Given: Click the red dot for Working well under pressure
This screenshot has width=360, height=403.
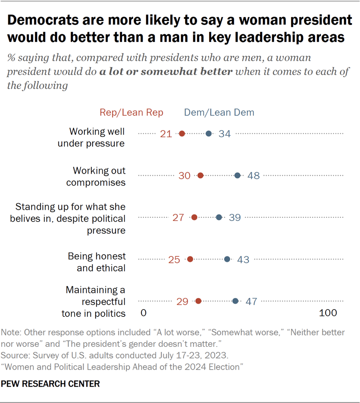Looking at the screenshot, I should point(182,134).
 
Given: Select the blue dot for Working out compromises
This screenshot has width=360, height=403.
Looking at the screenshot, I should point(238,175).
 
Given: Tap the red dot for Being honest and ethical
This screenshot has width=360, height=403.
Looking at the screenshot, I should point(190,259).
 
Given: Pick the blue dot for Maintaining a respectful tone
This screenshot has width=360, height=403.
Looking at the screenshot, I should point(235,301).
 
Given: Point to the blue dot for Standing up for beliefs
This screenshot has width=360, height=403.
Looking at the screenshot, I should point(219,217).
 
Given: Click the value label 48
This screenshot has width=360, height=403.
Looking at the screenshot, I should point(254,176).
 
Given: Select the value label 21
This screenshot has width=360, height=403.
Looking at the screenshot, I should point(166,134).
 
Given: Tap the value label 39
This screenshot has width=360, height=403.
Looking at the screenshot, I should point(234,217).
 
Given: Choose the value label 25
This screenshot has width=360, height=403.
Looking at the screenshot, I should point(174,259).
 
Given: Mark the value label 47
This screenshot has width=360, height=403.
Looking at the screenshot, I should point(251,301).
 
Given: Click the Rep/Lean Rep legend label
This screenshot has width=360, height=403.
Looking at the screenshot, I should point(132,113).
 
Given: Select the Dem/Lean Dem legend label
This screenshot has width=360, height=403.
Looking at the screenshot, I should point(219,113).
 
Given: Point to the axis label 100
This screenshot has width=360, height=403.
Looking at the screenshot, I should point(328,313).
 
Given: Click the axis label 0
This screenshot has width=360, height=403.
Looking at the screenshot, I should point(144,313).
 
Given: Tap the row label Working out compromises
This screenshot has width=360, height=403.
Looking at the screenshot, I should point(99,176).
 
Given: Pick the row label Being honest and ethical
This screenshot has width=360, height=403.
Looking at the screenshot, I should point(96,262).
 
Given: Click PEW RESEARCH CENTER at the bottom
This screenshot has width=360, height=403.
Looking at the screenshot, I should point(50,384).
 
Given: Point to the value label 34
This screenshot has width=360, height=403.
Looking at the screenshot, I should point(225,134).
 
